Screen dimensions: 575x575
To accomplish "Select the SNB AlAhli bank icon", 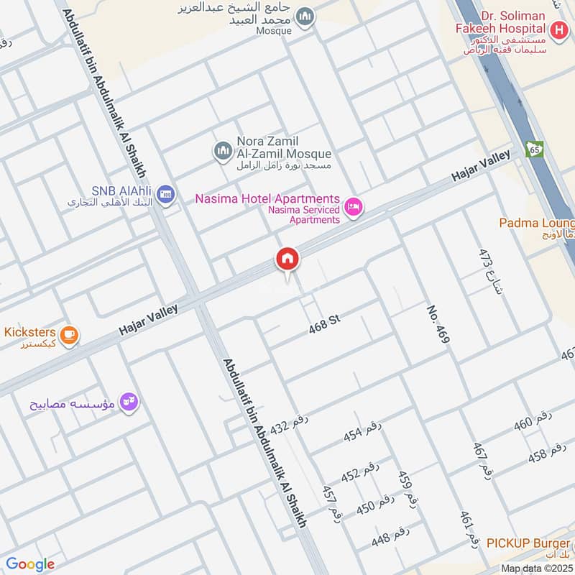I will (x=166, y=194).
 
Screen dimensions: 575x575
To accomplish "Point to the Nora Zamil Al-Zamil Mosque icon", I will (x=222, y=150).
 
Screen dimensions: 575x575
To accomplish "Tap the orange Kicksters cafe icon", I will (x=70, y=334).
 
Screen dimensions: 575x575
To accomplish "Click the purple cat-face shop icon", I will (x=129, y=401).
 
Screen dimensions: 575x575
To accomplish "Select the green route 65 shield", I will (x=534, y=149).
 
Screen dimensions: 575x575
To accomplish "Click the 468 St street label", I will (x=323, y=326).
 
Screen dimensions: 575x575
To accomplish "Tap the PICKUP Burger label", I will (x=528, y=543).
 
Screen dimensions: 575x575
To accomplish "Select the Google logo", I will (x=30, y=564).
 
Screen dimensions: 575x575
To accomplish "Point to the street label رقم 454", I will (x=362, y=431).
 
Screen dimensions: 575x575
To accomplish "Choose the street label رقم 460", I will (x=533, y=422).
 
